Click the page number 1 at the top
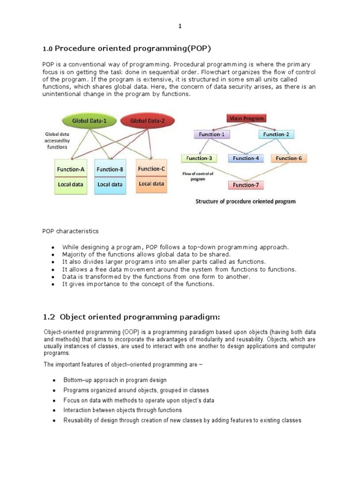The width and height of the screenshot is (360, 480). tap(180, 26)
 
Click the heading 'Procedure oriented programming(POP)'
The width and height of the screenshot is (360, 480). tap(130, 48)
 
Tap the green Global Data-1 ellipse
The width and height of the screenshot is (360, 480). tap(89, 120)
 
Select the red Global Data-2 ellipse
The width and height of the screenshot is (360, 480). tap(147, 120)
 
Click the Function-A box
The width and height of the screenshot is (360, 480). tap(71, 169)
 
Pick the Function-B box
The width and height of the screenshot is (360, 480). tap(110, 169)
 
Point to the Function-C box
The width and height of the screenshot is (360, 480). tap(151, 169)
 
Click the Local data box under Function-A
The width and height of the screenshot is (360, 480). tap(71, 185)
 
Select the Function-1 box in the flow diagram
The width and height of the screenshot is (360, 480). tap(212, 135)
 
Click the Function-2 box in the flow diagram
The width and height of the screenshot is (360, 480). tap(277, 135)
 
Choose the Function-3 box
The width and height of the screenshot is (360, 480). tap(199, 158)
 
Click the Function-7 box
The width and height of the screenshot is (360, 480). tap(246, 185)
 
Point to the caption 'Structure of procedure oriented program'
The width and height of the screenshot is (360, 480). tap(245, 202)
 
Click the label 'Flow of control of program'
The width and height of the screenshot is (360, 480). tap(197, 176)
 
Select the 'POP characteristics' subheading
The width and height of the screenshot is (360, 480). tap(71, 231)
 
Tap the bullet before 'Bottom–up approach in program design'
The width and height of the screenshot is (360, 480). tap(54, 380)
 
